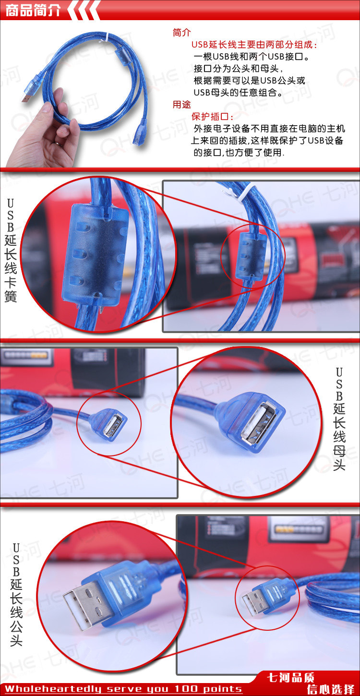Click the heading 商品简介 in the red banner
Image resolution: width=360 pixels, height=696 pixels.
(x=33, y=11)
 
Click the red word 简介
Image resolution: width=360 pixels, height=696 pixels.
(x=181, y=33)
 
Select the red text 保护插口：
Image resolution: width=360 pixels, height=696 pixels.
(x=213, y=117)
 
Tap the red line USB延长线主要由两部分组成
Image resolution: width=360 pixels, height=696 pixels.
(x=254, y=45)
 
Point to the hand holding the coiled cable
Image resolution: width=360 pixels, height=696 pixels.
(x=46, y=132)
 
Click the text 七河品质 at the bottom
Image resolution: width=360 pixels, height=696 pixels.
(x=291, y=678)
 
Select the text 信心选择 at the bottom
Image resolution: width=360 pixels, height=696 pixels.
(x=331, y=690)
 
